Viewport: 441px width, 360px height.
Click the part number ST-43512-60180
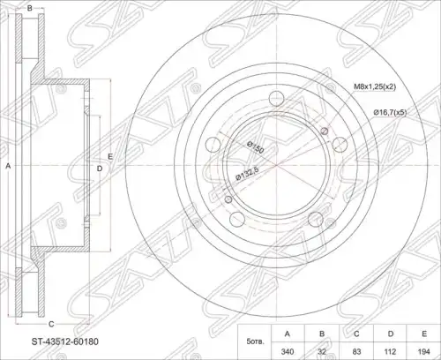(65, 341)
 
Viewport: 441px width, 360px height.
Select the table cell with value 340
(288, 351)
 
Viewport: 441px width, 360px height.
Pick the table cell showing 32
(322, 351)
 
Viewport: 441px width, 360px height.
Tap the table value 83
(356, 351)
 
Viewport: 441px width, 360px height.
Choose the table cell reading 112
(390, 351)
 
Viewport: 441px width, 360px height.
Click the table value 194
(423, 351)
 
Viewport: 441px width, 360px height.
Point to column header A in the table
(288, 334)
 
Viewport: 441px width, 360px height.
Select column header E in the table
(423, 334)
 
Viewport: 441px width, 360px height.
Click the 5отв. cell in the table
(255, 342)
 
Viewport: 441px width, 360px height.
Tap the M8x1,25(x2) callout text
(375, 86)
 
